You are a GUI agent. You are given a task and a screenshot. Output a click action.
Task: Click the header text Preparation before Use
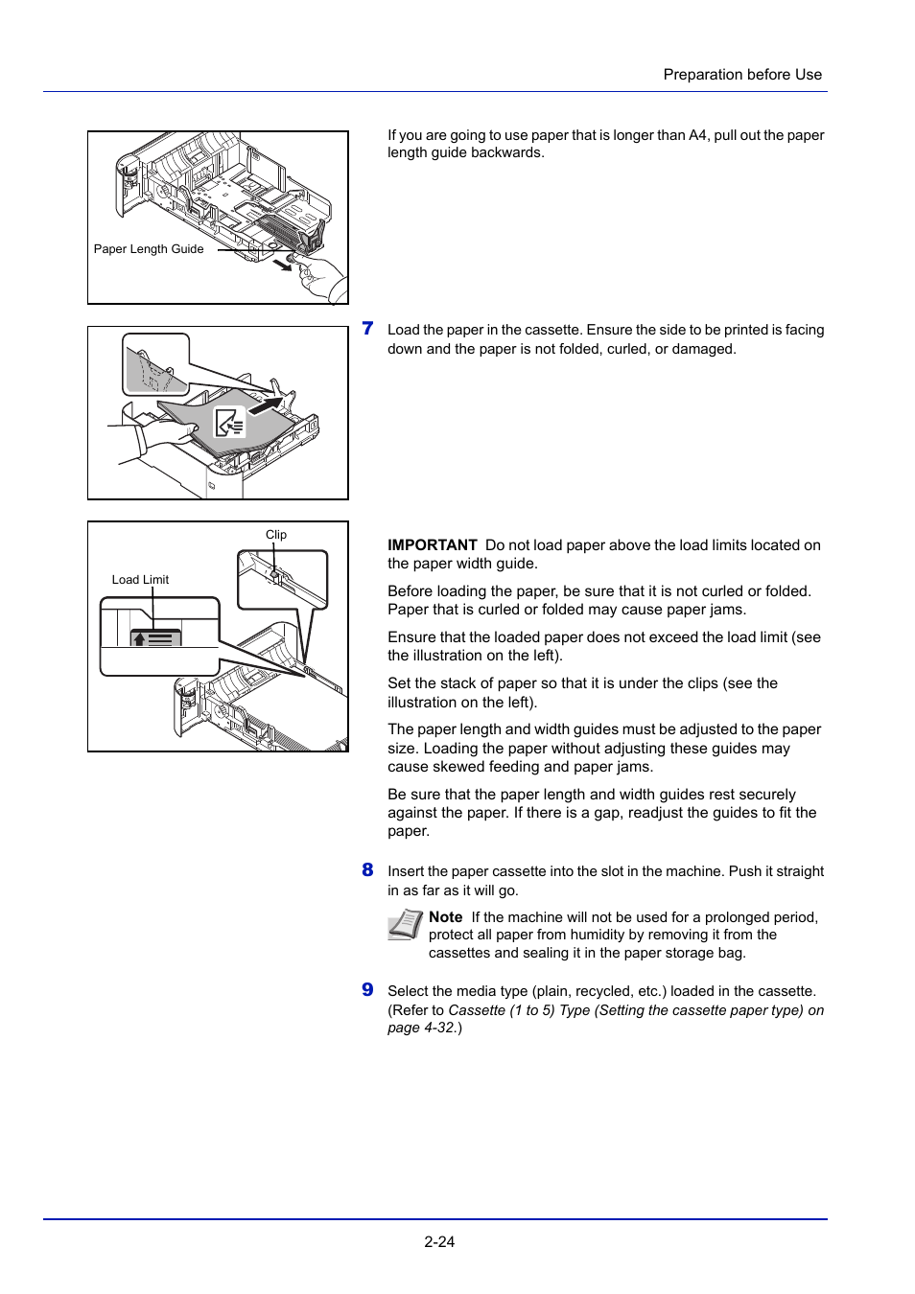[741, 75]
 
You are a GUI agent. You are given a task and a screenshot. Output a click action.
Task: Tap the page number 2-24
[439, 1241]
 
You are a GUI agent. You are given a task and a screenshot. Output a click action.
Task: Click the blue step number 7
[367, 329]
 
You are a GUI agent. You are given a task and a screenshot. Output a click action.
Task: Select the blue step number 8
[367, 870]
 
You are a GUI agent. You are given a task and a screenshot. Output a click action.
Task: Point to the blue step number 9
[367, 990]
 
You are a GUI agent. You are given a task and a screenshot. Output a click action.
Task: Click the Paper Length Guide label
[149, 249]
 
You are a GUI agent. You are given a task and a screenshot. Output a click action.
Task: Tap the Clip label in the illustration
[276, 535]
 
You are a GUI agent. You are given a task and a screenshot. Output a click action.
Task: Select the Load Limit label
[140, 580]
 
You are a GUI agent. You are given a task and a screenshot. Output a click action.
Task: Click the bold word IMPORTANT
[432, 545]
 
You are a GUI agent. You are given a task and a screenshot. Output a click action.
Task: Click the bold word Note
[445, 917]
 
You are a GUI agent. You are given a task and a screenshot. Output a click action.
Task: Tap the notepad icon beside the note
[405, 925]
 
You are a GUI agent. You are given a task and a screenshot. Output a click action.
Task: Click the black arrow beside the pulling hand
[281, 264]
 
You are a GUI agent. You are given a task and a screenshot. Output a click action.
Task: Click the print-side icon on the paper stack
[229, 423]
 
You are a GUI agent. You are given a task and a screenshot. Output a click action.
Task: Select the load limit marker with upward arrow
[155, 638]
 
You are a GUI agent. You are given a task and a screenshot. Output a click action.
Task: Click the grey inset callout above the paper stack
[155, 365]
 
